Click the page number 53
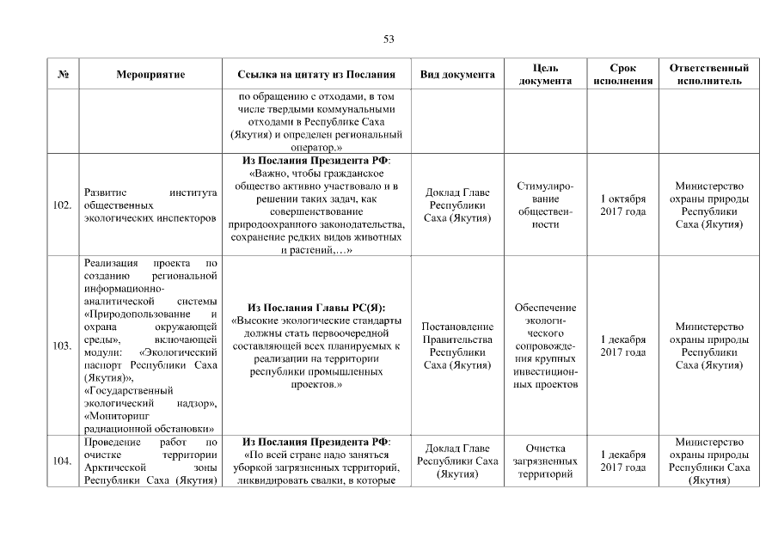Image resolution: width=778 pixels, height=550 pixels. tap(389, 39)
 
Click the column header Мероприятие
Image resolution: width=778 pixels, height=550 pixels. tap(150, 75)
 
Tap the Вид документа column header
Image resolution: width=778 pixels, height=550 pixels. tap(457, 75)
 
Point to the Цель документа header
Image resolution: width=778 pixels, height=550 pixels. tap(546, 74)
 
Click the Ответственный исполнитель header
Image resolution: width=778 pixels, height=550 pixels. tap(708, 74)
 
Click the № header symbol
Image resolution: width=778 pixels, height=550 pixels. tap(63, 75)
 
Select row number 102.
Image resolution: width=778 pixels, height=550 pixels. tap(62, 205)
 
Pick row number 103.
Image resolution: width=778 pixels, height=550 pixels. tap(62, 345)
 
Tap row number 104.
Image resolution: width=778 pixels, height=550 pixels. tap(62, 461)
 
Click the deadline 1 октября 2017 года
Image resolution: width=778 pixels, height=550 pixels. tap(622, 205)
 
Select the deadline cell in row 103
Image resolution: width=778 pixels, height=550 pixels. tap(622, 345)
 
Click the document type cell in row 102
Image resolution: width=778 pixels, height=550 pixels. tap(457, 205)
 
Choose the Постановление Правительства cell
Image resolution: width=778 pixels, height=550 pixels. tap(457, 345)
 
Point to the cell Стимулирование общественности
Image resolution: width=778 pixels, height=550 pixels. tap(546, 205)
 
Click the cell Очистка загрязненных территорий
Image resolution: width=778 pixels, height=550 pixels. tap(546, 461)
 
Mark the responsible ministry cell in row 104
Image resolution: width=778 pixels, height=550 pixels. tap(708, 461)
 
